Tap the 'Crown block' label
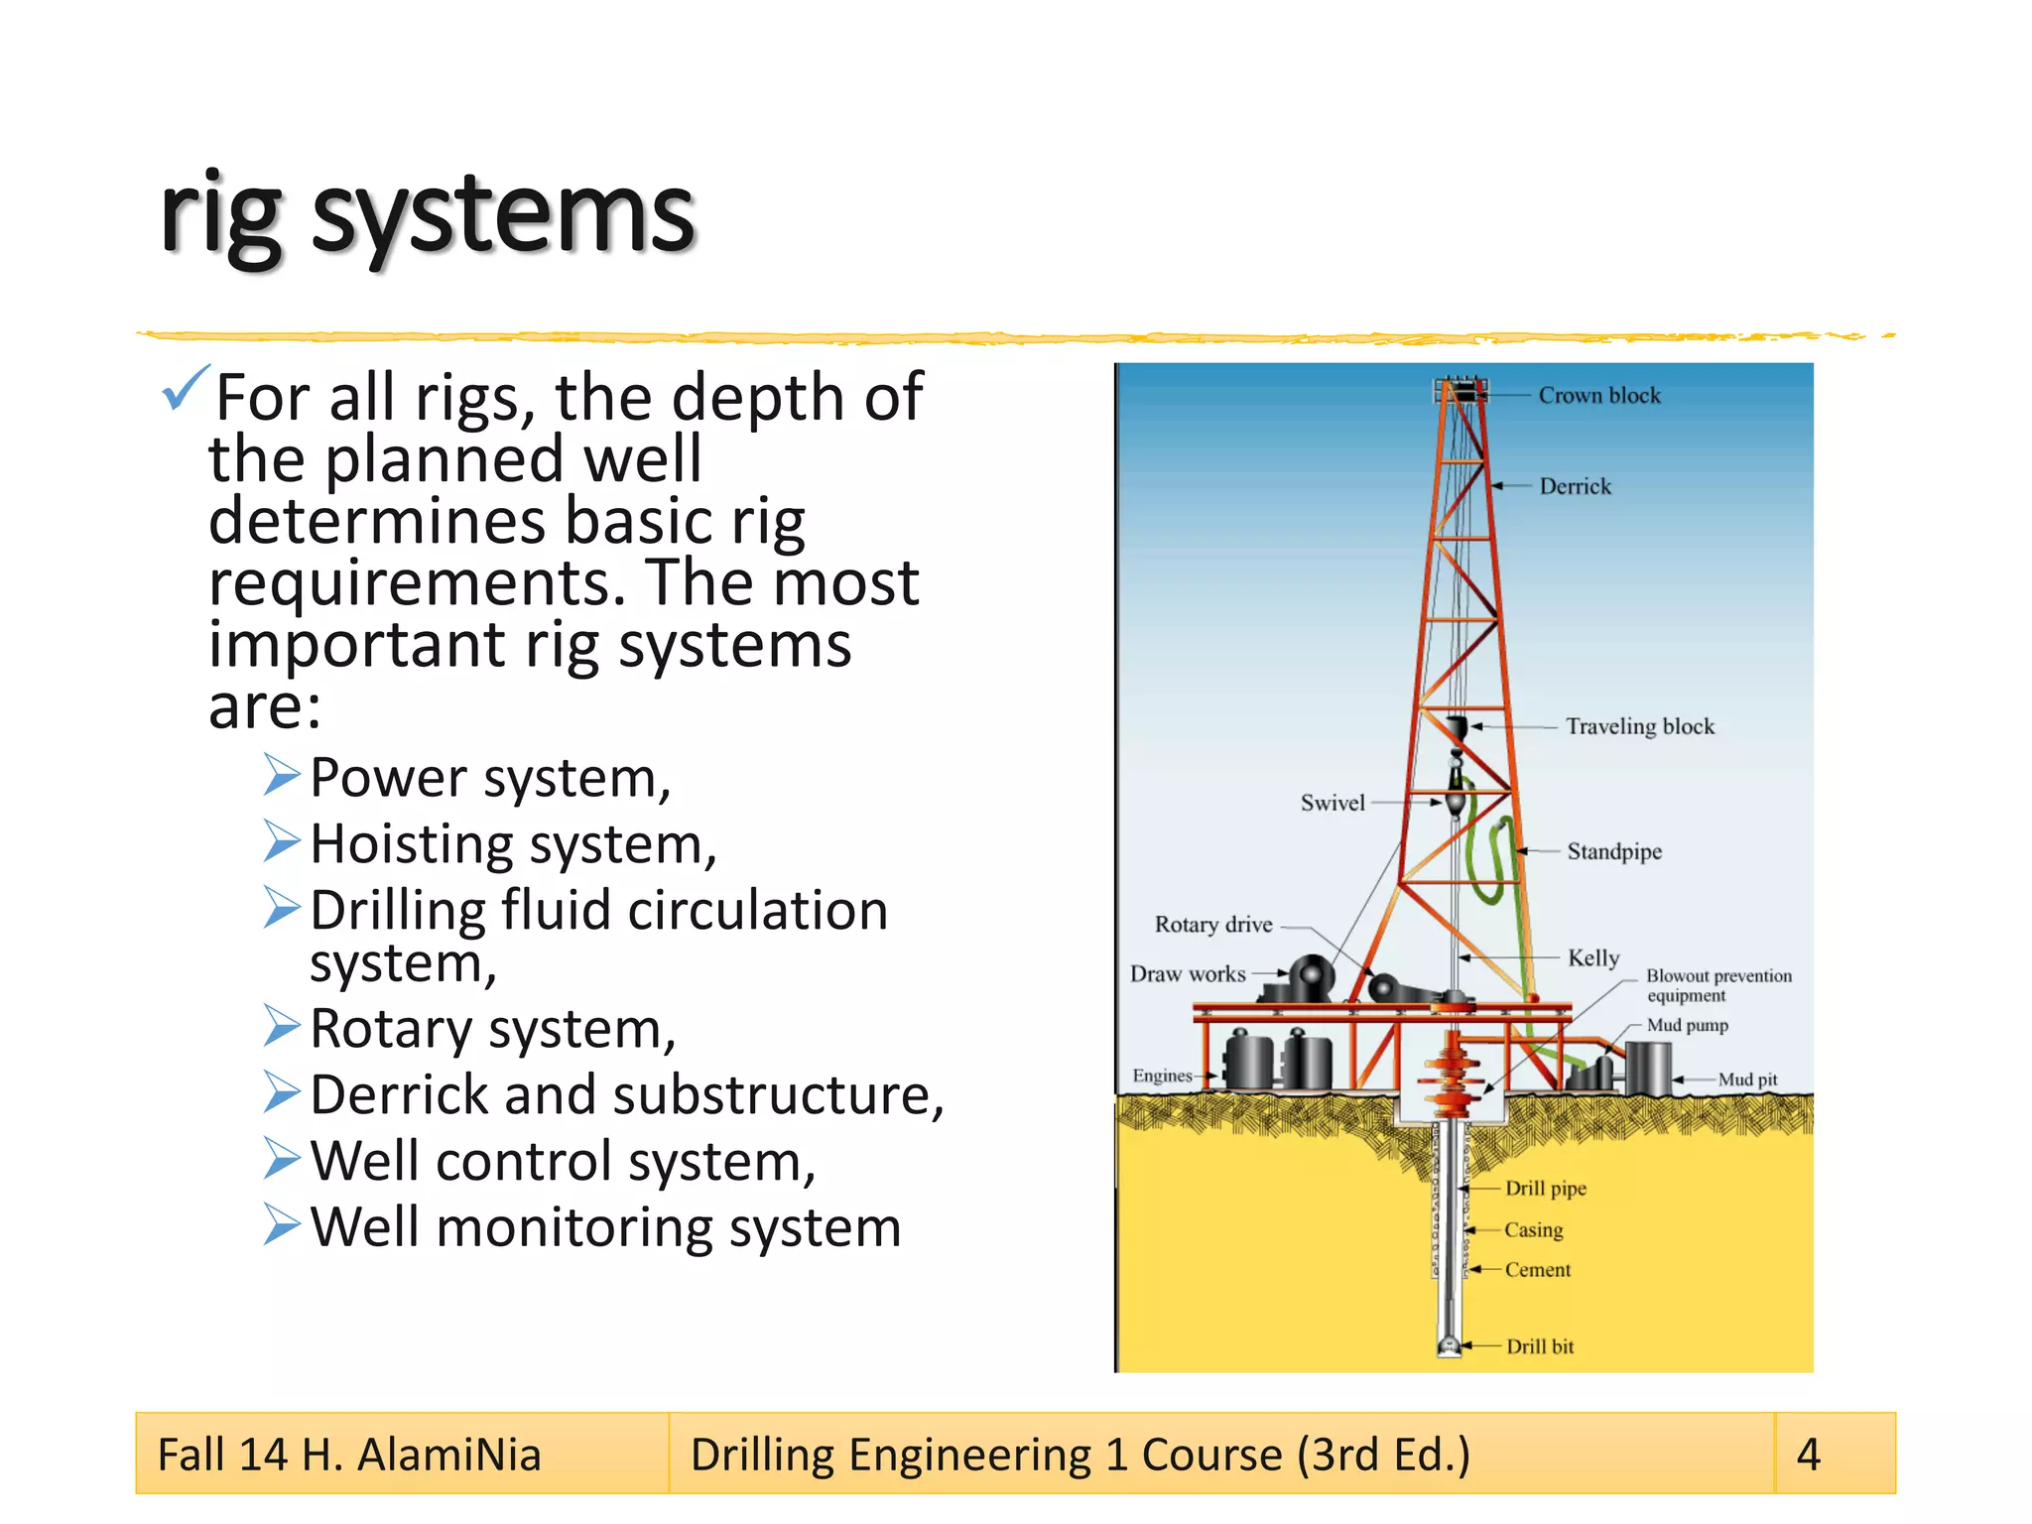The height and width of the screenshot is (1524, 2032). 1598,396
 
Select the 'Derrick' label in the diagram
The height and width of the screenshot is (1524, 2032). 1575,486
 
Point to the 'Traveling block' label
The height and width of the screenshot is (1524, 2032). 1639,726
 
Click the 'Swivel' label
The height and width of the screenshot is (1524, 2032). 1333,803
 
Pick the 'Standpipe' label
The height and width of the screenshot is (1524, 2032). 1613,851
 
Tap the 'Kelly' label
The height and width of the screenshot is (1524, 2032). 1592,957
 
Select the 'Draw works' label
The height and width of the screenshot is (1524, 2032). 1188,974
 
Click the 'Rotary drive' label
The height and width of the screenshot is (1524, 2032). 1212,925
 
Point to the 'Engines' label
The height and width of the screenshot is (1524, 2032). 1162,1076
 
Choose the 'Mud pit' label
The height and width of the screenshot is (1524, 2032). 1747,1079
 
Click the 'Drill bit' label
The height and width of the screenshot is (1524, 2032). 1539,1346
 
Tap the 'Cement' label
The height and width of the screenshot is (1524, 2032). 1537,1270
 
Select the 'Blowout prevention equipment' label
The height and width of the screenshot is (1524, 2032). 1717,985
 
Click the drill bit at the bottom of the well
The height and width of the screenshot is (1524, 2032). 1450,1344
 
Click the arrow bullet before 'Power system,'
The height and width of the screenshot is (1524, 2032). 282,775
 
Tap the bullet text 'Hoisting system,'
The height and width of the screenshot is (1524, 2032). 513,844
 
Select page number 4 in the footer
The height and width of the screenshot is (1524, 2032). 1808,1455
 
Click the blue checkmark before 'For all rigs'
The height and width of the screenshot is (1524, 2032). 185,388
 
